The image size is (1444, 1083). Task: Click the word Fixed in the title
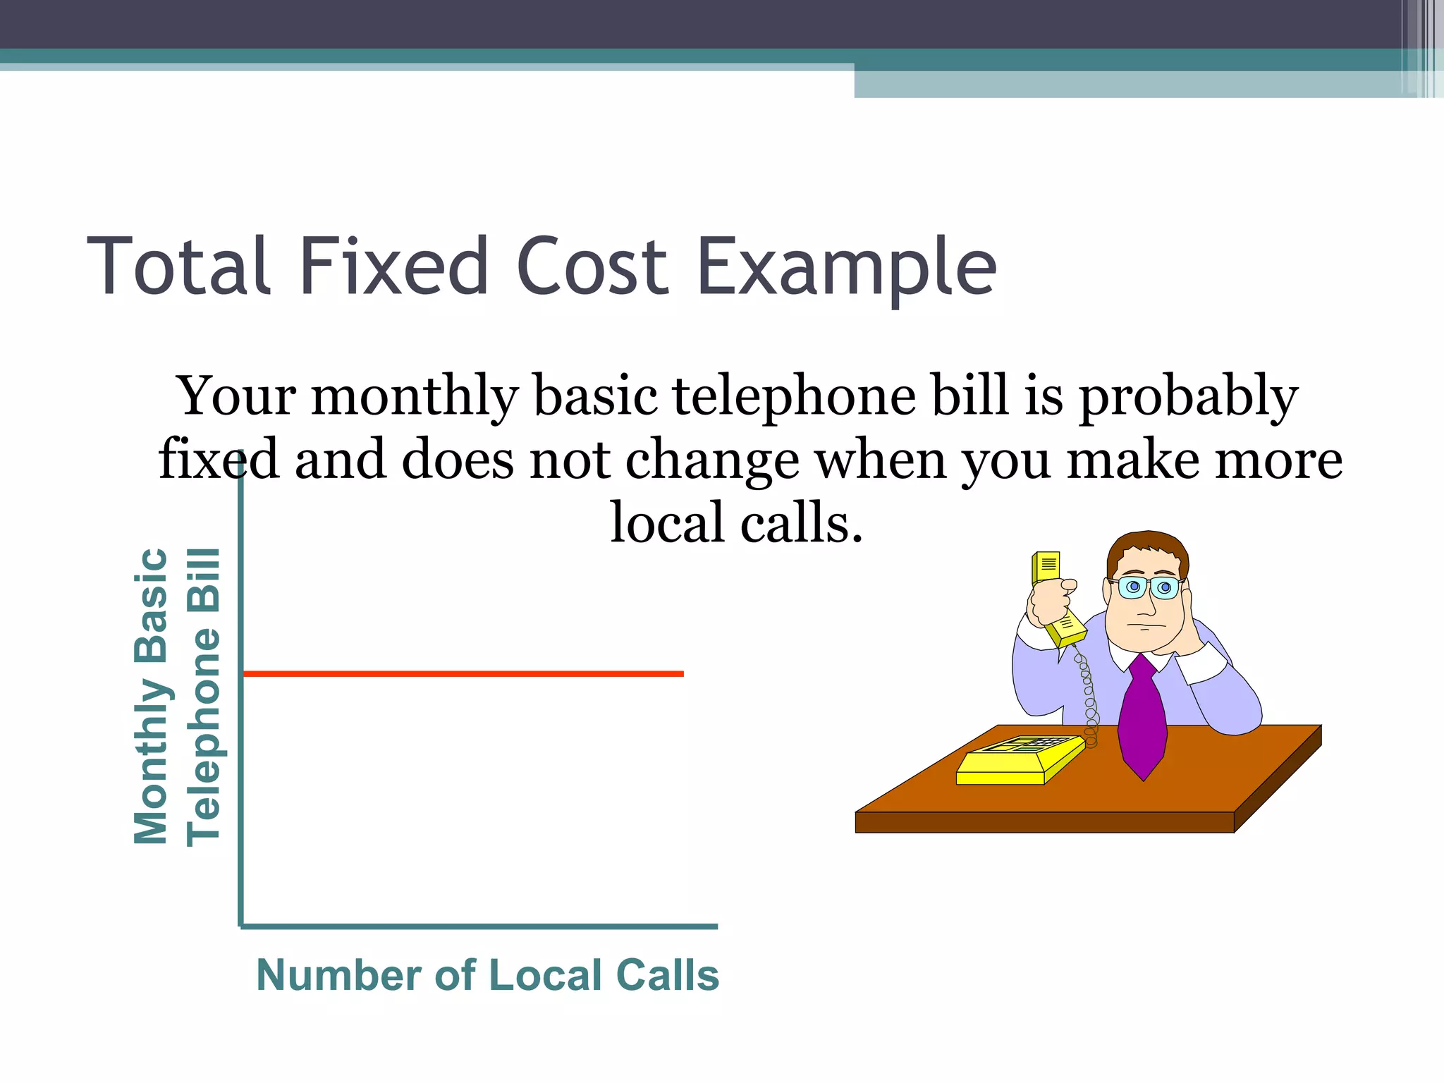tap(394, 267)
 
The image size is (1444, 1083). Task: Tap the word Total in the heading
tap(179, 267)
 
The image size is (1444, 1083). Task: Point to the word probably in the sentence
tap(1189, 396)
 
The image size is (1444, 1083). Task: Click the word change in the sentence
tap(713, 460)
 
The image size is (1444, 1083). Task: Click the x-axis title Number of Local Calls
tap(487, 975)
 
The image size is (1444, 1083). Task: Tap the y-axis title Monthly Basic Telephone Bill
tap(176, 696)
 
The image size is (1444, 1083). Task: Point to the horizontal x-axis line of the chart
tap(479, 926)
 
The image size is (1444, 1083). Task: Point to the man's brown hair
tap(1146, 547)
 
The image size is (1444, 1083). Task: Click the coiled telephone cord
tap(1088, 698)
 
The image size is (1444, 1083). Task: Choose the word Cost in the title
tap(592, 267)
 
